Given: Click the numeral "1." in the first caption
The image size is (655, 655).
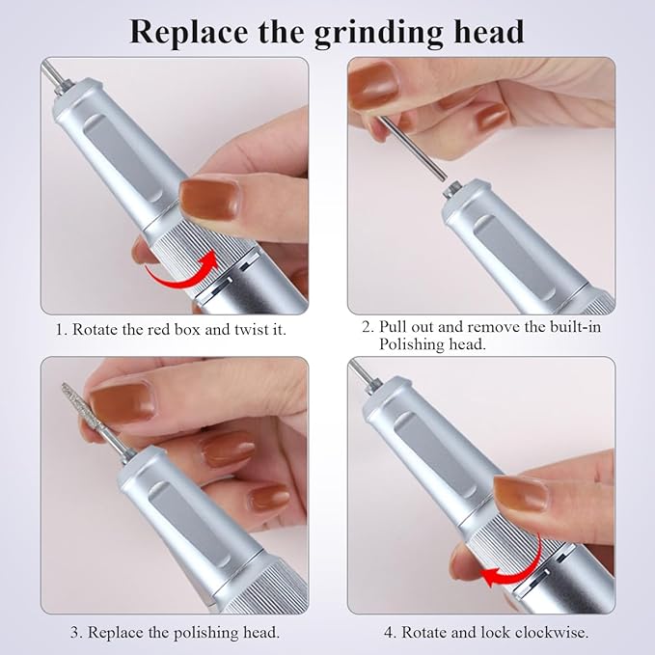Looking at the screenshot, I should point(63,329).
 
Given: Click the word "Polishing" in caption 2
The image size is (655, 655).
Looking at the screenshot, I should point(412,344).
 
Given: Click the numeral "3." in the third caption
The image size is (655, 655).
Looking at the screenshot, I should point(75,632).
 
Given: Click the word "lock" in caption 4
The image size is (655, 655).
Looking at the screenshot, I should point(501,632).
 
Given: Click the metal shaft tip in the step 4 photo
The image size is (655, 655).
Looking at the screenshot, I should point(359,371).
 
